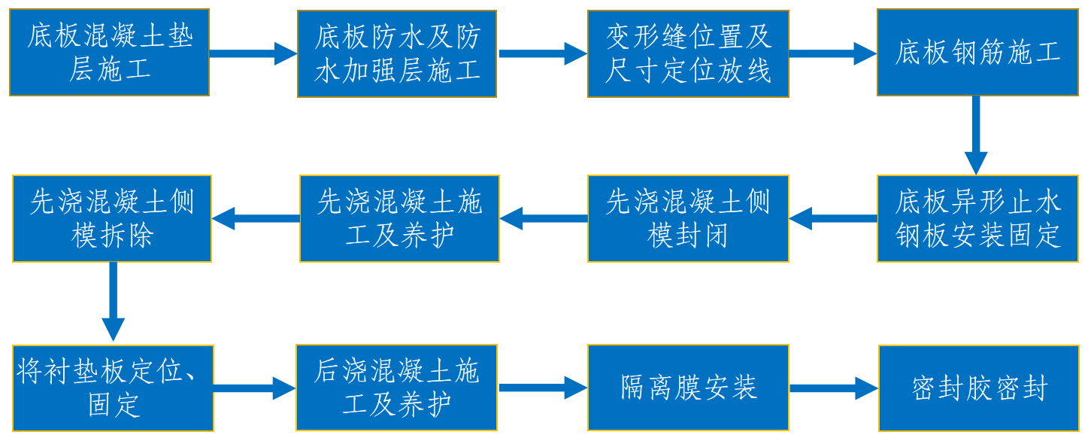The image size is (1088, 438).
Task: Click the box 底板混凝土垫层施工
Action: pyautogui.click(x=109, y=53)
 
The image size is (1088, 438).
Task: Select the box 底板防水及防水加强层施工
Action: pyautogui.click(x=397, y=53)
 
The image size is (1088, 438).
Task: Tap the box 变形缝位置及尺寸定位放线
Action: pyautogui.click(x=688, y=53)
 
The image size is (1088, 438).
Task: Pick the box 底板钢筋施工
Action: pyautogui.click(x=977, y=53)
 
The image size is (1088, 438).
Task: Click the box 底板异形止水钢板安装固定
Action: pyautogui.click(x=977, y=218)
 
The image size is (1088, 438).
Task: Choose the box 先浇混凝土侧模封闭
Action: pyautogui.click(x=688, y=218)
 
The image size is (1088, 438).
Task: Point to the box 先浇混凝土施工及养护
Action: pyautogui.click(x=399, y=218)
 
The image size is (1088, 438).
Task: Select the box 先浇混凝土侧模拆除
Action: pyautogui.click(x=112, y=218)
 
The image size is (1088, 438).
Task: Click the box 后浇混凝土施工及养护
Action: pyautogui.click(x=397, y=388)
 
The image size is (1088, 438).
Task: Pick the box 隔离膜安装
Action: pyautogui.click(x=688, y=388)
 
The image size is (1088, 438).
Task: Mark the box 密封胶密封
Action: pyautogui.click(x=979, y=388)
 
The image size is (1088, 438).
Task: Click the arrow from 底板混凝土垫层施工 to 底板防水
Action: pyautogui.click(x=253, y=53)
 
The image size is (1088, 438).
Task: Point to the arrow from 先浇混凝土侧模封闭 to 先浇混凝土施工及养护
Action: pyautogui.click(x=544, y=219)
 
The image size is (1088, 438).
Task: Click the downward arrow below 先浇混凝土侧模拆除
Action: pyautogui.click(x=113, y=302)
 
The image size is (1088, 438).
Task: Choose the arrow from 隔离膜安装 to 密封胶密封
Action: pyautogui.click(x=833, y=388)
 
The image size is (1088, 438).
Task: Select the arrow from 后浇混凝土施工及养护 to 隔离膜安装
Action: pyautogui.click(x=542, y=388)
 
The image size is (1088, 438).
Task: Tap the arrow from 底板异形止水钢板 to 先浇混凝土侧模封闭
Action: pyautogui.click(x=832, y=219)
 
